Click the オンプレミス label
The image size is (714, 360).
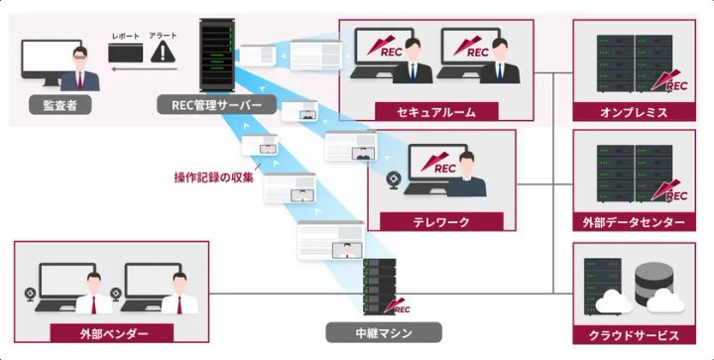coord(634,112)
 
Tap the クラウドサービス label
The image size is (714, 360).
coord(634,334)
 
